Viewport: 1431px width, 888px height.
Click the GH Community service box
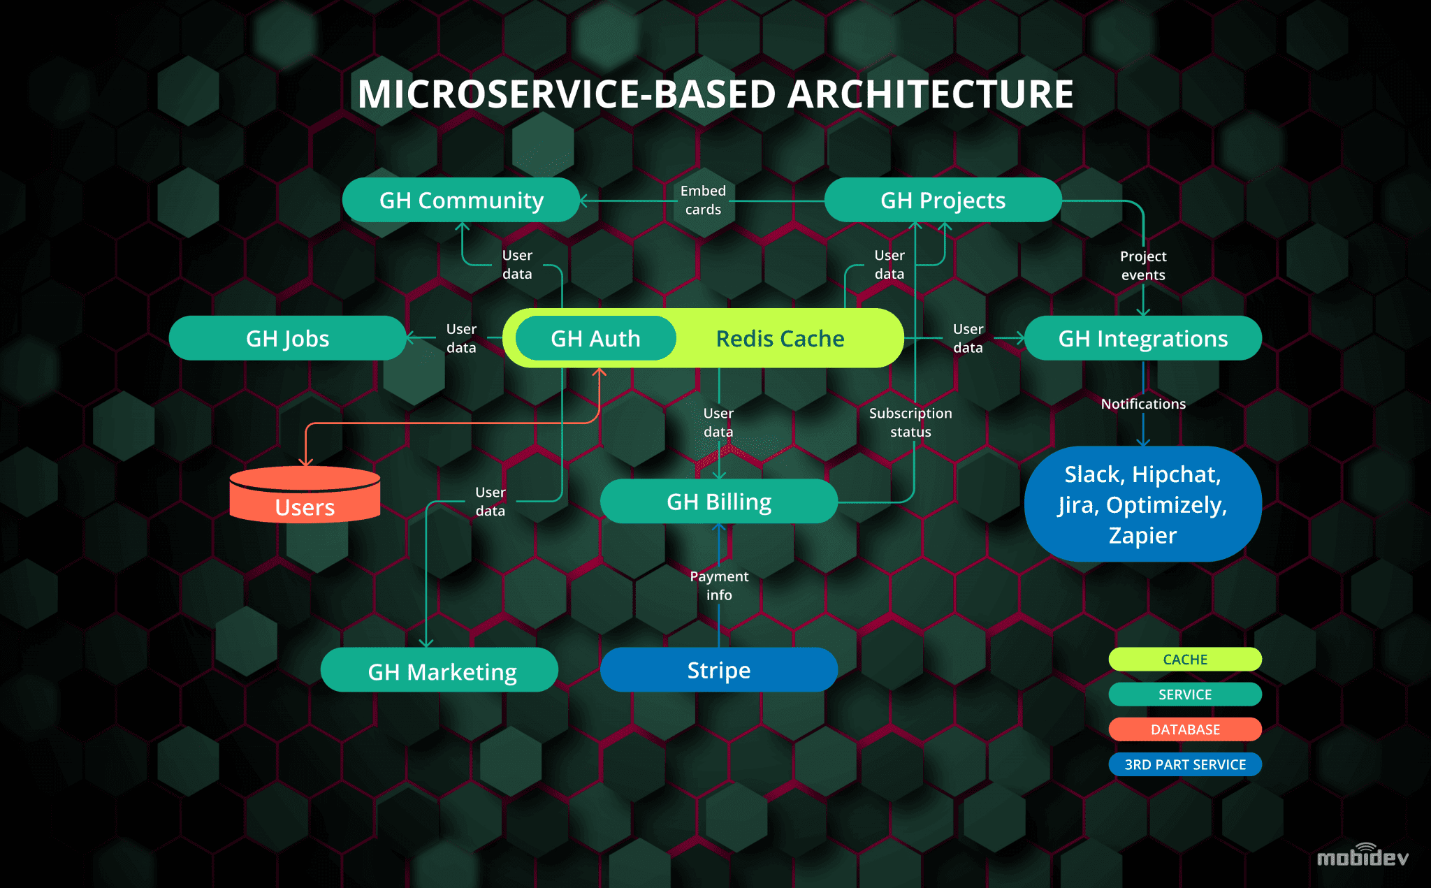[x=461, y=201]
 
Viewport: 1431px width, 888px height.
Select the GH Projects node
[x=943, y=201]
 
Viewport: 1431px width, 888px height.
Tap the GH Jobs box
[x=287, y=339]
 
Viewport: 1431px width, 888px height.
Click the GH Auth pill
[x=595, y=339]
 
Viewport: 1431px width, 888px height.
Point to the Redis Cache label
[x=780, y=339]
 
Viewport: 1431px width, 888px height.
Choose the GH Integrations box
[x=1142, y=339]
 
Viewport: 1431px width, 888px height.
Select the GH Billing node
[x=718, y=502]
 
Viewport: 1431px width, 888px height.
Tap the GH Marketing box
[x=442, y=671]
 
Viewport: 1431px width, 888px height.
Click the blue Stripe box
[x=718, y=670]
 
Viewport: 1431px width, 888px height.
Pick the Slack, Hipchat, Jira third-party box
[x=1142, y=504]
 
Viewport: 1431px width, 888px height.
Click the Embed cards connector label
[x=703, y=200]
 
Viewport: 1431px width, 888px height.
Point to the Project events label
[x=1143, y=265]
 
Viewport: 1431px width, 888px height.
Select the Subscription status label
[x=910, y=422]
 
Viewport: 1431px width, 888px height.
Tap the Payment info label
[x=719, y=585]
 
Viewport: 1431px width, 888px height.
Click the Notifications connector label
[x=1143, y=404]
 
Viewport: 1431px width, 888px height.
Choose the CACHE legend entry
[x=1185, y=660]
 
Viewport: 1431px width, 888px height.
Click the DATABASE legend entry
[x=1185, y=729]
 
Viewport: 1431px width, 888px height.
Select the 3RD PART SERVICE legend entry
[x=1185, y=764]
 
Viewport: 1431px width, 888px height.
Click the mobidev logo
[x=1362, y=857]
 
